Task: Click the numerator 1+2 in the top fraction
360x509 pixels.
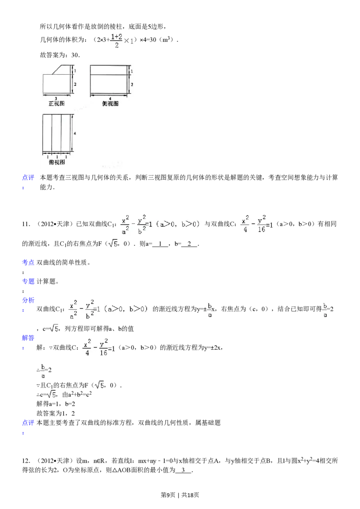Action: [117, 36]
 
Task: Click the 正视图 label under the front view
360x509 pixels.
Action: [57, 103]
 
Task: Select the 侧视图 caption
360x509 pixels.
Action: [110, 103]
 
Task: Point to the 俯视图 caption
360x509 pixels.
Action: [57, 162]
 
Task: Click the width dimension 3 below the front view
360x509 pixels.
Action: [55, 98]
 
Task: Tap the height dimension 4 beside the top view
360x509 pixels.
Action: [75, 133]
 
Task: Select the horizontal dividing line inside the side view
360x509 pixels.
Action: [108, 75]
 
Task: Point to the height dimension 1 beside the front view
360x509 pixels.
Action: [75, 71]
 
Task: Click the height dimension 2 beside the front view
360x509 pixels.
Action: [75, 84]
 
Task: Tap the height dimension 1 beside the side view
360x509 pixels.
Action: [131, 71]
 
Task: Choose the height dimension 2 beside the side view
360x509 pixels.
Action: [131, 84]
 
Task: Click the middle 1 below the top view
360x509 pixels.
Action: [57, 157]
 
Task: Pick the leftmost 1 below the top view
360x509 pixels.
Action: [48, 157]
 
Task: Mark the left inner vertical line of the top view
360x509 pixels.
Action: [52, 133]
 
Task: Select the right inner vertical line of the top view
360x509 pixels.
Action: [62, 133]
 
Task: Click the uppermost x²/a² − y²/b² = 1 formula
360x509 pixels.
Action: [162, 224]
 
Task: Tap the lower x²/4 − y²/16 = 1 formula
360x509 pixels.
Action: [99, 347]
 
